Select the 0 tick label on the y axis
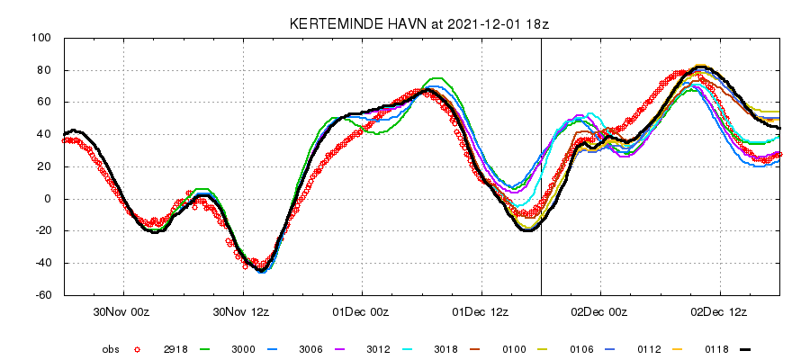[x=48, y=199]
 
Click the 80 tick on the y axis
[x=44, y=70]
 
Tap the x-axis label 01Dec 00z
[x=362, y=311]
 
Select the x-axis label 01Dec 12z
[x=481, y=311]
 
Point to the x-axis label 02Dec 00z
[x=600, y=311]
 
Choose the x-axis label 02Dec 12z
[x=719, y=311]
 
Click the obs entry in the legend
[x=110, y=349]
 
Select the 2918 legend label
[x=175, y=349]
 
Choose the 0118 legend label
[x=716, y=349]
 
